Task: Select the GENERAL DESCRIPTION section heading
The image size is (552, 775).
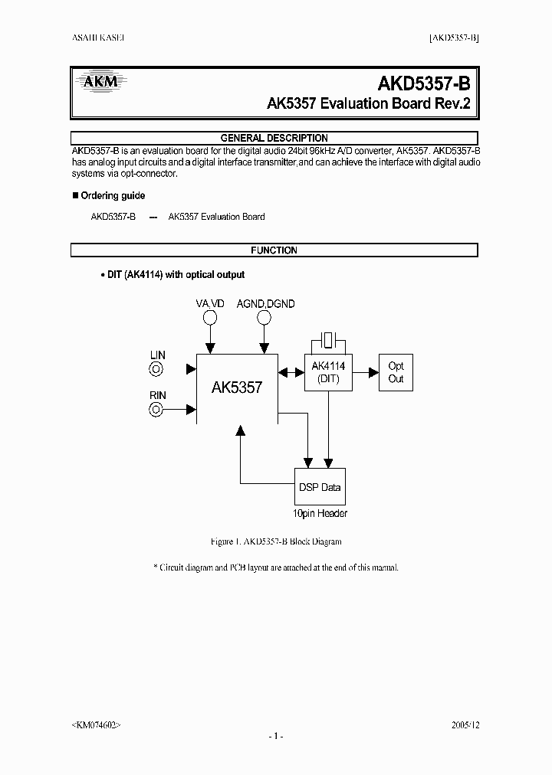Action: pos(274,138)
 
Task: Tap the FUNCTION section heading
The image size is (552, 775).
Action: pos(274,250)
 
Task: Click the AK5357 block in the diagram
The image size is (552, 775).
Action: pos(236,387)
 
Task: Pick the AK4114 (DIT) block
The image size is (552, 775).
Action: pos(329,372)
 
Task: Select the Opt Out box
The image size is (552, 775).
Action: pos(396,372)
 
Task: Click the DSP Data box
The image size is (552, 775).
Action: pos(320,487)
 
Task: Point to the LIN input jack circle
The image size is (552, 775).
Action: pos(157,369)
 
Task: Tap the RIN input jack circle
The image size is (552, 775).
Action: pos(157,409)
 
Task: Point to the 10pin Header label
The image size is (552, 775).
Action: pos(320,514)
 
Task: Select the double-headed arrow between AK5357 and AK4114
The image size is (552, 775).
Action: pos(291,372)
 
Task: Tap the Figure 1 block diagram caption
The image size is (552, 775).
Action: pos(275,541)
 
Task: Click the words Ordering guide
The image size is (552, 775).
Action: pos(113,196)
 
